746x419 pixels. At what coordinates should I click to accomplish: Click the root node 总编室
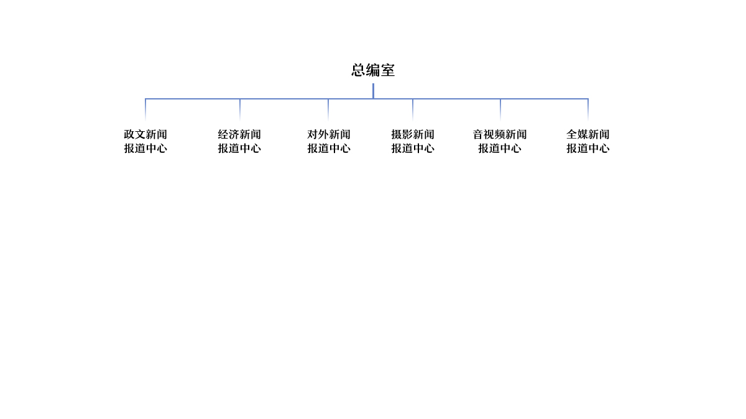(373, 70)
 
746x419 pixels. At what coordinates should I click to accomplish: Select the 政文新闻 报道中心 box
(145, 141)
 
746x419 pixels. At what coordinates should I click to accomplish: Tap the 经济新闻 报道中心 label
(239, 141)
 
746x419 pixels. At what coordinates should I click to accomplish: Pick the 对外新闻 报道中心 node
(329, 141)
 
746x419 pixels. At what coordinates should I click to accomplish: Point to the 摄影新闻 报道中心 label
(413, 141)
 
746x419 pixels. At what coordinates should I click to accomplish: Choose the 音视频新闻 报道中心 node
(500, 141)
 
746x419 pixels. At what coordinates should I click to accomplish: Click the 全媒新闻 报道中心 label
(588, 141)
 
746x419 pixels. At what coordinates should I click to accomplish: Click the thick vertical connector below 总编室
(374, 91)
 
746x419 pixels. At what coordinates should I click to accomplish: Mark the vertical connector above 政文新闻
(145, 109)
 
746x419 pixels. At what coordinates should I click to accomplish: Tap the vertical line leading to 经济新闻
(240, 109)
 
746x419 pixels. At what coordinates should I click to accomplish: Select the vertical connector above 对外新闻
(328, 109)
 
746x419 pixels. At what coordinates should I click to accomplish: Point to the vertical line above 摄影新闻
(413, 109)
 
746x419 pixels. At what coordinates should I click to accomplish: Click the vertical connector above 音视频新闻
(500, 109)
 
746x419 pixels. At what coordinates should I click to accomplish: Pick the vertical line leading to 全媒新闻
(588, 109)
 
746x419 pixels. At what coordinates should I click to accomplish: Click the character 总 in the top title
(358, 70)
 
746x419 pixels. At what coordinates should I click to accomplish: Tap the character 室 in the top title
(388, 70)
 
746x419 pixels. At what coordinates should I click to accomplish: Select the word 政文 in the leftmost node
(134, 134)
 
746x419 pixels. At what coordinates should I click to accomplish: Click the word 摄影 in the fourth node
(402, 134)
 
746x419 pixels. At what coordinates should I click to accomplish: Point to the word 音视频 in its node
(489, 134)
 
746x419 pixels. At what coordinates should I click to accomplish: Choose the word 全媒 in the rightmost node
(577, 134)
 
